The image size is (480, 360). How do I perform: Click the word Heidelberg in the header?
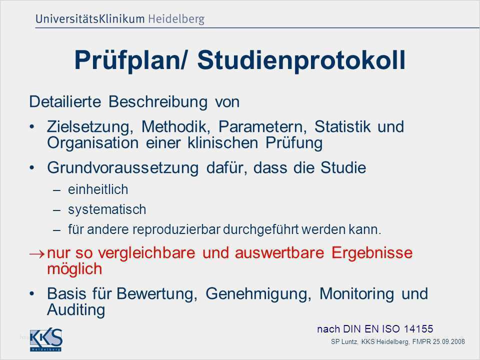pos(176,19)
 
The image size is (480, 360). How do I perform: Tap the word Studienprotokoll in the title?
pos(301,60)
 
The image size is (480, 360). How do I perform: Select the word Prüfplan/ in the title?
pos(130,60)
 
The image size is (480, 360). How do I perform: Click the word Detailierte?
pos(65,101)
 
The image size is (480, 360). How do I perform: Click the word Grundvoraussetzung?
pos(123,168)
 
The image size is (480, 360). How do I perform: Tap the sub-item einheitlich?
pos(98,189)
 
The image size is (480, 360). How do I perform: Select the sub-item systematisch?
pos(107,210)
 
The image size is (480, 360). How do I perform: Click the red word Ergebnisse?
pos(372,253)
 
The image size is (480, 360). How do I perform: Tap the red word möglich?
pos(74,269)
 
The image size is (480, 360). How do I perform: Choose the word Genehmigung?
pos(258,294)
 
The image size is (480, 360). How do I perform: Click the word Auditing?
pos(76,310)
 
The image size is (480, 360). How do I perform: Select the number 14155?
pos(418,329)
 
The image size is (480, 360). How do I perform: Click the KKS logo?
pos(46,340)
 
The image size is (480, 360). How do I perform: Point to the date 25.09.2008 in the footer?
pos(449,341)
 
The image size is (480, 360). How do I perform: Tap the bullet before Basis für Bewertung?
pos(31,294)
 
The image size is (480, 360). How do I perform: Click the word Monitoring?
pos(356,294)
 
